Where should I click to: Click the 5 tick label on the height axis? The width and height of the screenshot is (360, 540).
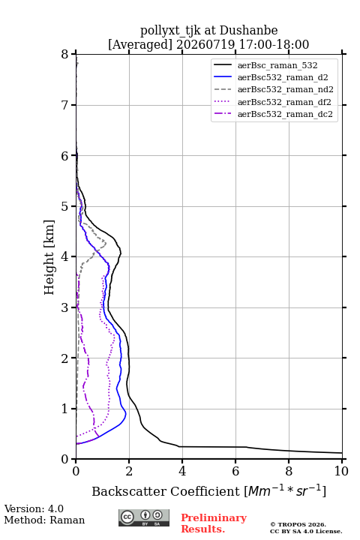(65, 206)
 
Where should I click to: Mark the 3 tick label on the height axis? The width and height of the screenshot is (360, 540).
(65, 307)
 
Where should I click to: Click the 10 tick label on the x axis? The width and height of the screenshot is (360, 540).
(341, 471)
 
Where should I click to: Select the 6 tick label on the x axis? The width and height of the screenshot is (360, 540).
(235, 471)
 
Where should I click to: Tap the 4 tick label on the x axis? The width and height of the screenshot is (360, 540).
(182, 471)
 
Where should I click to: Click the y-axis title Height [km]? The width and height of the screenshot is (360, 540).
(49, 257)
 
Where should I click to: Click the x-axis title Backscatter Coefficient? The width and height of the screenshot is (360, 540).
(166, 491)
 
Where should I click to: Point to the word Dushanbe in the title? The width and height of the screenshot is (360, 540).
(248, 31)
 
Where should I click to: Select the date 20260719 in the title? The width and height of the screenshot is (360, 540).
(205, 44)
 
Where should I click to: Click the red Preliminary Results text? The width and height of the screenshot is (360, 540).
(214, 523)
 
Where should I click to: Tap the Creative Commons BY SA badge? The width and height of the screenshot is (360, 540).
(144, 518)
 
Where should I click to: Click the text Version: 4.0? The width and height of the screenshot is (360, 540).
(34, 508)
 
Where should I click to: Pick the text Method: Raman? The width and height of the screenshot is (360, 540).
(44, 520)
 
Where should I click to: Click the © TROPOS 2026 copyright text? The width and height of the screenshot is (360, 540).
(298, 524)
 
